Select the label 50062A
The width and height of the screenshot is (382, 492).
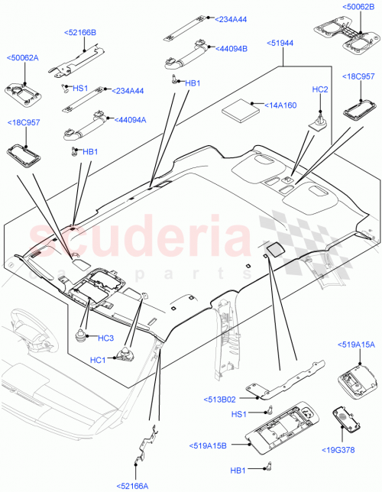[x=23, y=57]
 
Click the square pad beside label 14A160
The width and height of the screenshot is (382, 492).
[x=241, y=108]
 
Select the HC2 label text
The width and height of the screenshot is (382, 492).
[x=319, y=90]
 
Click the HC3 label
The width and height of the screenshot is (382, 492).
[x=105, y=338]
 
